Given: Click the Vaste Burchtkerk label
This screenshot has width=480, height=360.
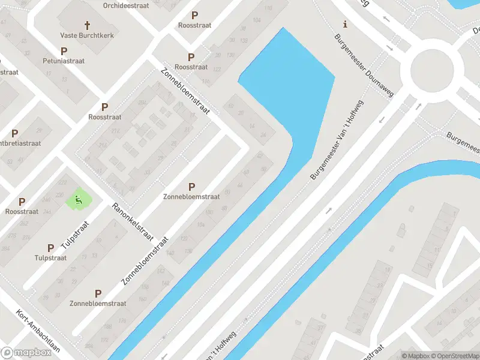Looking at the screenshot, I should coord(87,35).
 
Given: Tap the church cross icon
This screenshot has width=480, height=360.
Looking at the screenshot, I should coord(87,25).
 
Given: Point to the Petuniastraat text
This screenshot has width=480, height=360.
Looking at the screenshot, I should coord(64,61).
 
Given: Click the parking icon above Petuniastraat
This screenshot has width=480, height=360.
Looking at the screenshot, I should coord(64,51).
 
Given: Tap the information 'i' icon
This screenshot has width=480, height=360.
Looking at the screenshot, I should coord(344,25).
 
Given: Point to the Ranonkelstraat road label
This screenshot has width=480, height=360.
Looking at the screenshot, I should coord(131,221).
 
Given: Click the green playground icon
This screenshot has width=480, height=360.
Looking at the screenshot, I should coord(77,199).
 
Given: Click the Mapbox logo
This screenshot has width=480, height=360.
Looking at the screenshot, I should coord(26,352).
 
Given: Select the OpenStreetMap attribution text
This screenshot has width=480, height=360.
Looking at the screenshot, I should coord(454,356).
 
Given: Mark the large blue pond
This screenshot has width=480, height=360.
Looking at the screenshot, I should coord(288,84).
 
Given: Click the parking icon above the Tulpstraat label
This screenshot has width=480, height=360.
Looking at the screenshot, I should coord(50,247).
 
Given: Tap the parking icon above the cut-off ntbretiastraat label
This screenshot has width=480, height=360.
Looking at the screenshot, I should coord(14,133).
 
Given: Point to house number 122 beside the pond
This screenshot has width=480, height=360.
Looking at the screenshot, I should coord(217,70).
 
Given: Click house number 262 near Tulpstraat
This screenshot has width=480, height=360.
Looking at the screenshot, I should coord(23,223).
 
